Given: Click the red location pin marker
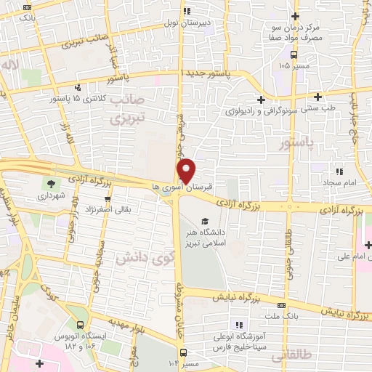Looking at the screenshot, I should pos(186,171).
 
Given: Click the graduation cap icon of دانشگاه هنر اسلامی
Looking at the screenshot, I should pos(204,221).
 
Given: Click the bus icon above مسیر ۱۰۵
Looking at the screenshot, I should pos(294,54).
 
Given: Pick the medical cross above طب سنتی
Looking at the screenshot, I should pos(318,97).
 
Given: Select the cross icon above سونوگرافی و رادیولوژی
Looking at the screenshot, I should pos(261,99).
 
